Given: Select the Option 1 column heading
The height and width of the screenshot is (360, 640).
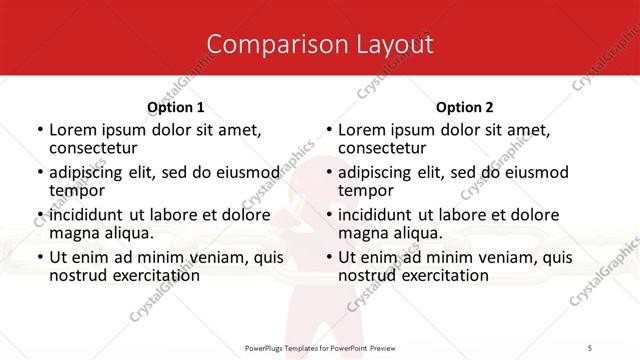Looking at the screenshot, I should tap(176, 107).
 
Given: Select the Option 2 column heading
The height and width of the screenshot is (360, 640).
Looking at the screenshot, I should tap(465, 107).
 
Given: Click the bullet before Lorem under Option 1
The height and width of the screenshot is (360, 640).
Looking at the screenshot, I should tap(40, 130).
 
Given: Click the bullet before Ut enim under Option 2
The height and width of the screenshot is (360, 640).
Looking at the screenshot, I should tap(329, 258).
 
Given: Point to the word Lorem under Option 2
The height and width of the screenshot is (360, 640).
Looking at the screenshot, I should tap(361, 129).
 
